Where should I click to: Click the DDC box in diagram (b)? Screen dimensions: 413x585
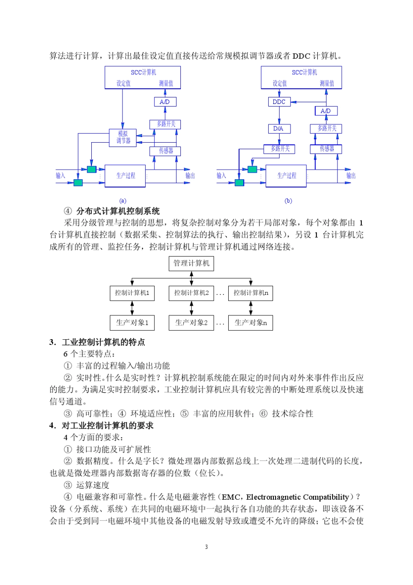[279, 102]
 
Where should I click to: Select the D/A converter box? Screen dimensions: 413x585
[279, 129]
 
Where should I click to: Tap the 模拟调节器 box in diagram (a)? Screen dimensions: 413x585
[123, 137]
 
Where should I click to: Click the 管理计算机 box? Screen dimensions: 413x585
[191, 263]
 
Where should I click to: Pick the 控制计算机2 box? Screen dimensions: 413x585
[191, 293]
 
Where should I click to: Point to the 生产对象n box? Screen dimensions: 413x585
[250, 323]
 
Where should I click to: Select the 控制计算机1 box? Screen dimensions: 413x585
[132, 293]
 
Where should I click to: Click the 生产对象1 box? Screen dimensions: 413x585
[132, 323]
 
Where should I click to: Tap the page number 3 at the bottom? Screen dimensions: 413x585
[206, 547]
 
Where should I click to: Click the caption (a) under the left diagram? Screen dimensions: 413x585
[123, 201]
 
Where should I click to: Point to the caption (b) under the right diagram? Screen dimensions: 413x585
[288, 201]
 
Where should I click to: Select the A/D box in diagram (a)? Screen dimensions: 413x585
[165, 102]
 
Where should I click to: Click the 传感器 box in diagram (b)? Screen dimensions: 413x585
[326, 149]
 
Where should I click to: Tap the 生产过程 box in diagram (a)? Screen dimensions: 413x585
[125, 176]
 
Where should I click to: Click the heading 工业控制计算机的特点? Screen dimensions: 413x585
[103, 342]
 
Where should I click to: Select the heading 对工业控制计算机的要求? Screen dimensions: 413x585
[107, 425]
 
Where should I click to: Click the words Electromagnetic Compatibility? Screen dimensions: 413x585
[298, 497]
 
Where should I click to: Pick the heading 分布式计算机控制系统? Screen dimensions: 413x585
[118, 211]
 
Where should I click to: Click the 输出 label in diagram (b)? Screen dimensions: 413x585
[351, 176]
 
